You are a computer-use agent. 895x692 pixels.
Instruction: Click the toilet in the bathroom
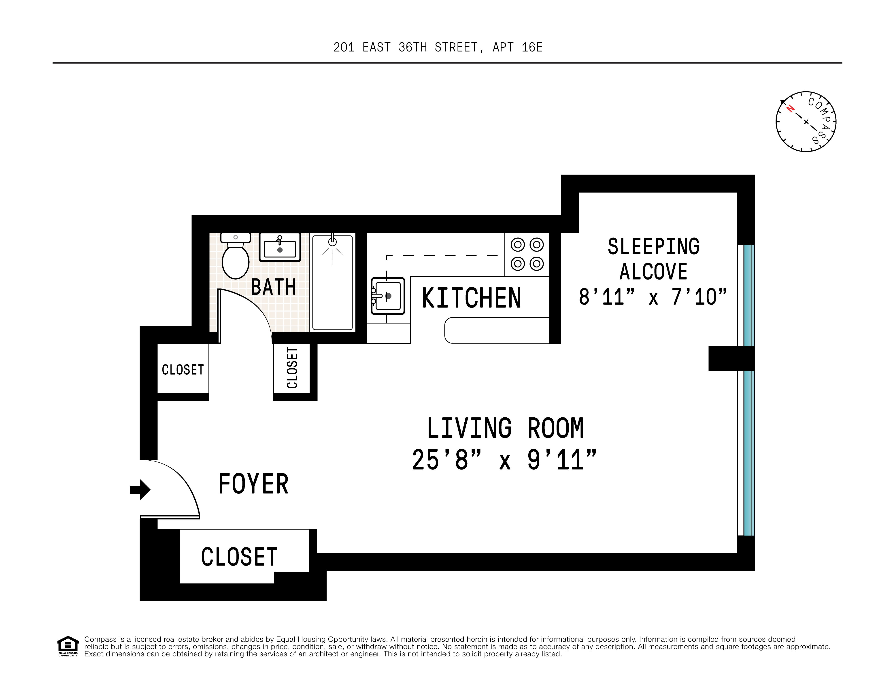tap(236, 258)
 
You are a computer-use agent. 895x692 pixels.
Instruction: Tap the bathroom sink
tap(280, 247)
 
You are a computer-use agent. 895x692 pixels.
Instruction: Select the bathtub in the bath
tap(332, 283)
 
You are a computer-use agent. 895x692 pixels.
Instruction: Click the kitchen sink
tap(388, 296)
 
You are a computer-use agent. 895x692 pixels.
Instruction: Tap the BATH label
tap(273, 287)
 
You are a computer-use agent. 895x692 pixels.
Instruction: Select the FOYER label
tap(254, 484)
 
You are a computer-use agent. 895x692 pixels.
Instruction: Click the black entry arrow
tap(140, 489)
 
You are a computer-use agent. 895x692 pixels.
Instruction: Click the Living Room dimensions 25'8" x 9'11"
tap(504, 460)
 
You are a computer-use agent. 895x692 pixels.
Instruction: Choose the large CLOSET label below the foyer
tap(239, 557)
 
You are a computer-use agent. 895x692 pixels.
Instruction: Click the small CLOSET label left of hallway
tap(183, 370)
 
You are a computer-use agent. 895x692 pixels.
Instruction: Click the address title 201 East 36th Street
tap(438, 47)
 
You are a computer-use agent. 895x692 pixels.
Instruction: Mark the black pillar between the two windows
tap(731, 358)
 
